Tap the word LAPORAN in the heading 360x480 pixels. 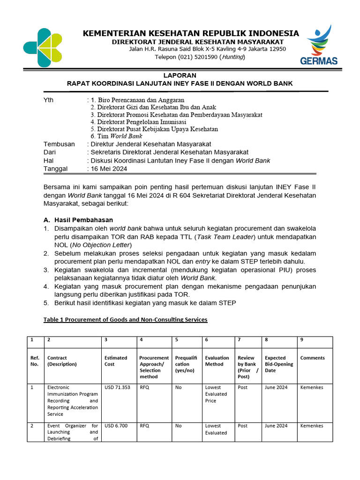point(180,75)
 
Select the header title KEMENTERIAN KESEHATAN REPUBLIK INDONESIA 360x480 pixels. point(191,33)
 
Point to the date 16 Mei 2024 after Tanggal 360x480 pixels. point(109,169)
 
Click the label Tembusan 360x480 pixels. point(59,144)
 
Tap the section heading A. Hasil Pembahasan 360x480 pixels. point(78,220)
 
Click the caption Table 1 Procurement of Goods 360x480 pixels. point(125,320)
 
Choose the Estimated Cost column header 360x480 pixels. point(116,361)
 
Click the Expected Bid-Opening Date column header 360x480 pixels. point(279,364)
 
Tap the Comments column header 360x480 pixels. point(312,358)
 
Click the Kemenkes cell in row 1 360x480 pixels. point(312,388)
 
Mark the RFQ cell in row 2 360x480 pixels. point(144,426)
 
